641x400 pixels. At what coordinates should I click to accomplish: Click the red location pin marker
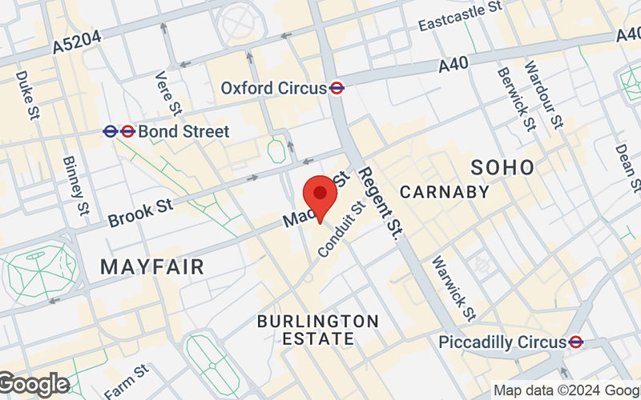click(x=320, y=196)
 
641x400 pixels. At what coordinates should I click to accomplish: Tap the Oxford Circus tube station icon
click(x=337, y=88)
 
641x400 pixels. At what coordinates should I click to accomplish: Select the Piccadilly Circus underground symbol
click(x=575, y=342)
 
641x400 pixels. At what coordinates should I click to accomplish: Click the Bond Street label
click(x=183, y=131)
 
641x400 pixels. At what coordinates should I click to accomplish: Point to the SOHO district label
click(x=502, y=167)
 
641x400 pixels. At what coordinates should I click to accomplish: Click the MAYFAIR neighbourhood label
click(x=152, y=267)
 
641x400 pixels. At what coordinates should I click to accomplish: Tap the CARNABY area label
click(x=444, y=192)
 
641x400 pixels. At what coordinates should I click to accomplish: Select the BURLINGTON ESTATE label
click(x=318, y=330)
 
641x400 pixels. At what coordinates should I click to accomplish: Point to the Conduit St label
click(x=341, y=229)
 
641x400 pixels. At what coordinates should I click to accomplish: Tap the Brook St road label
click(x=140, y=212)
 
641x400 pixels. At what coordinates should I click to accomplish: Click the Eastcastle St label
click(x=460, y=16)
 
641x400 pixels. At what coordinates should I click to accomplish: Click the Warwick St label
click(x=454, y=286)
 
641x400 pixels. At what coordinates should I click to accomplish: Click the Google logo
click(x=34, y=385)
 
